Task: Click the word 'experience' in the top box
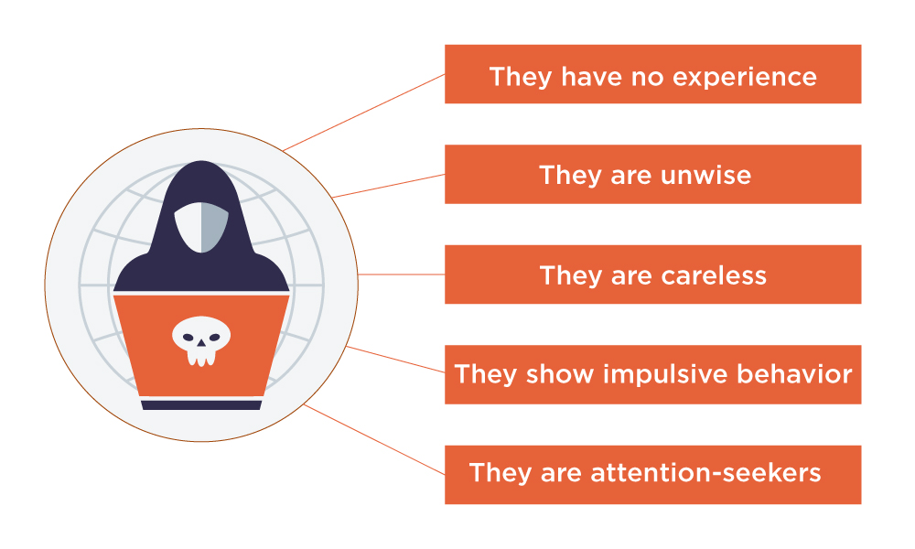click(745, 77)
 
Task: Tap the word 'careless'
click(713, 275)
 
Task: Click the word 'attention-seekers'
click(705, 474)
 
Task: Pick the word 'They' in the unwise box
click(565, 175)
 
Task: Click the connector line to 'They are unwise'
click(389, 185)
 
